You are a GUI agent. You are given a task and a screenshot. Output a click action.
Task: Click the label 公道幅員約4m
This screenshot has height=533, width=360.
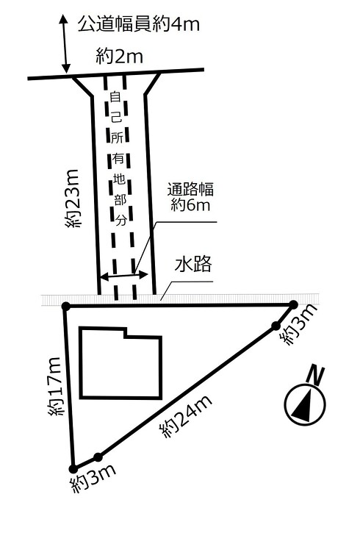pos(139,24)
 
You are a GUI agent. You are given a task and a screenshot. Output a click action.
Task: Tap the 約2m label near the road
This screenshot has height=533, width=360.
pos(119,56)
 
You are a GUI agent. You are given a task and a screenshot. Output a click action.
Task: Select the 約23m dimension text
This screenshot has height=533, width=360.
pos(72,198)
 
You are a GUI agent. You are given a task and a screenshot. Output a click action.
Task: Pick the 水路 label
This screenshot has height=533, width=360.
pos(193,265)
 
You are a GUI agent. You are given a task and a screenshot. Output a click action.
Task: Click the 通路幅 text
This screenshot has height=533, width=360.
pos(190,189)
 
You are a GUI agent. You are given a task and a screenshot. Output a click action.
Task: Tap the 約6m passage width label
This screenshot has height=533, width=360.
pos(190,204)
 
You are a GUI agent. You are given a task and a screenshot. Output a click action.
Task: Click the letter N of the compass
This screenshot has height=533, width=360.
pos(315,376)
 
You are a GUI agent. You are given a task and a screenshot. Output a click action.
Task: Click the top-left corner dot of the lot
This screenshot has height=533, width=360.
pos(66,306)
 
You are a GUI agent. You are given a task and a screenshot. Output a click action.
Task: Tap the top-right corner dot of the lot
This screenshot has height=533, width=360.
pos(293,304)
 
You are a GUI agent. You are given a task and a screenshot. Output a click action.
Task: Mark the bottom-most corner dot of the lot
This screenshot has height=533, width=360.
pos(73,469)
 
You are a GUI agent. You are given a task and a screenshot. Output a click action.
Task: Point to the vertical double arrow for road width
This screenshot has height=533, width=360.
pos(65,44)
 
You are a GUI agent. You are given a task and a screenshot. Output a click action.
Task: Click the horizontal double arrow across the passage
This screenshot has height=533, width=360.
pos(125,276)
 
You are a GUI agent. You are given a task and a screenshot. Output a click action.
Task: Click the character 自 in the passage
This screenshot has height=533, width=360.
pos(115,98)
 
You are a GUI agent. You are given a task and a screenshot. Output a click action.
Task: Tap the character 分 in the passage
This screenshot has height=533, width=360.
pos(121,221)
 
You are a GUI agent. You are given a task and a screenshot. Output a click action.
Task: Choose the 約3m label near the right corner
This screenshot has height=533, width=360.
pos(298,324)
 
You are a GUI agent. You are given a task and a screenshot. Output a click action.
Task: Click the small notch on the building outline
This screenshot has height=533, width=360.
pos(126,332)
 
